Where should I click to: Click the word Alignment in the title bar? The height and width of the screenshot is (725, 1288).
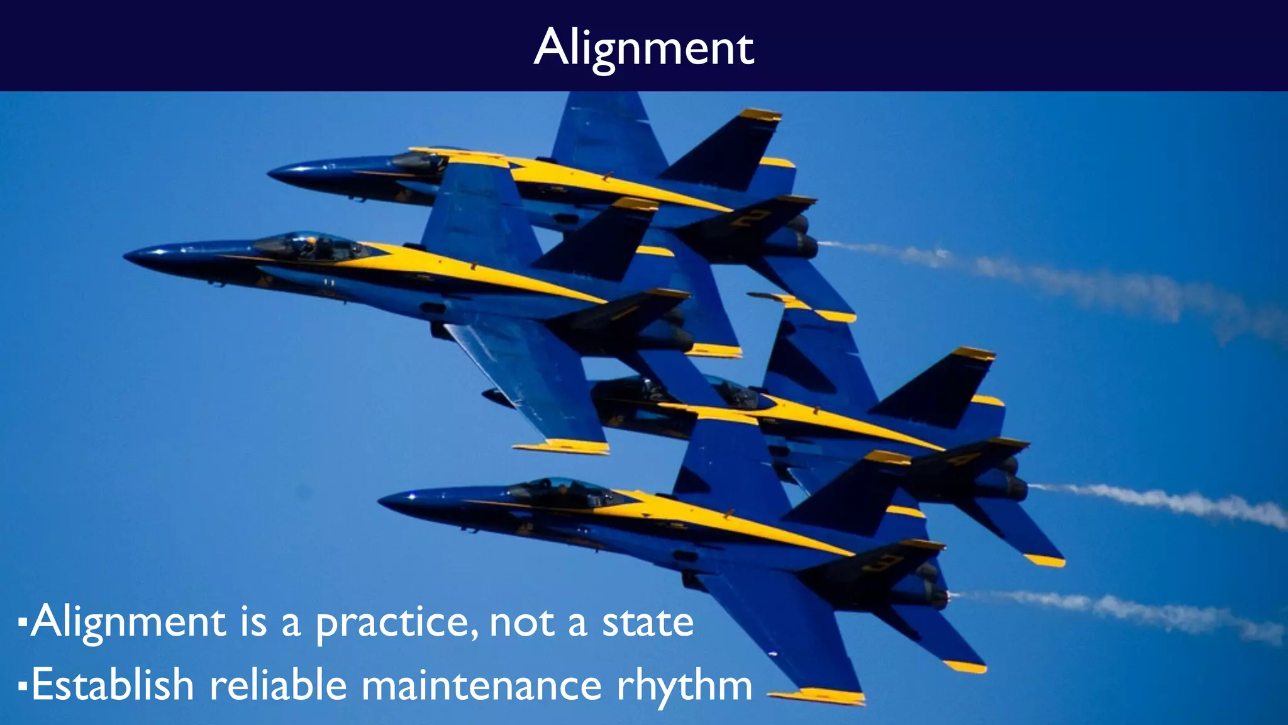click(643, 48)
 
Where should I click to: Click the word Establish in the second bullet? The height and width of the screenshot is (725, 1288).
click(113, 685)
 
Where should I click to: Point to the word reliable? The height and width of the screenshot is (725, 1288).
click(278, 685)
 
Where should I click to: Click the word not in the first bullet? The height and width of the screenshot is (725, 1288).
click(522, 623)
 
